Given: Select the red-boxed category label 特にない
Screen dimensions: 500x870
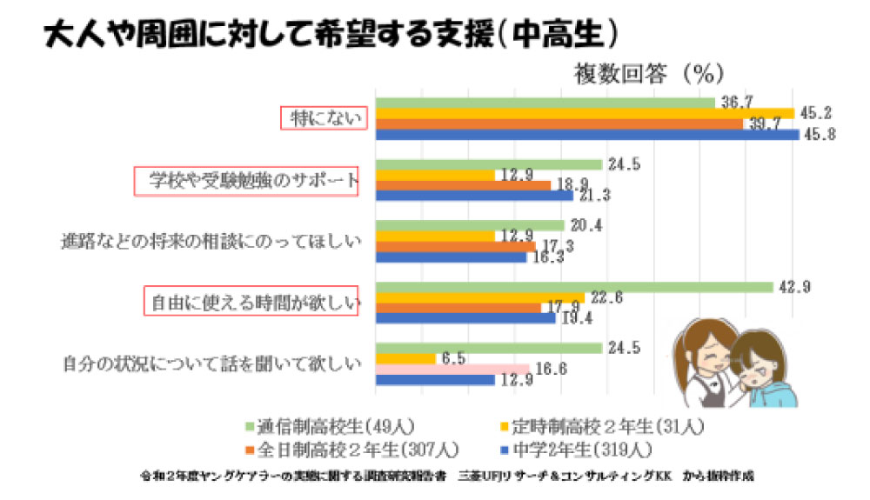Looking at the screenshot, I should point(323,119).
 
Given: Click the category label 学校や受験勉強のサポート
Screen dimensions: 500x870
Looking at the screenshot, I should point(245,182).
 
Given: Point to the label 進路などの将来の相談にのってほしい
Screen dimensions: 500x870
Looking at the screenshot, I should point(211,241).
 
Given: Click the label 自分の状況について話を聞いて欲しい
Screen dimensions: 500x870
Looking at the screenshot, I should point(211,363).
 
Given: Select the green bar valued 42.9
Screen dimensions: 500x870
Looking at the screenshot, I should point(574,287).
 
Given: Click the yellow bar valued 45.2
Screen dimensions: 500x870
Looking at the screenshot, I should point(585,113).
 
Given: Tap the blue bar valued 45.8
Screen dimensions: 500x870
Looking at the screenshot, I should point(587,135).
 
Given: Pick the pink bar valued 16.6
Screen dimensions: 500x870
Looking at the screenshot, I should point(452,369).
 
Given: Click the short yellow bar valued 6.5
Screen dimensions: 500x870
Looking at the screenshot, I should point(405,358).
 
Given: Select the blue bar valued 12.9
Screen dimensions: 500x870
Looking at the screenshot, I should point(435,380).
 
